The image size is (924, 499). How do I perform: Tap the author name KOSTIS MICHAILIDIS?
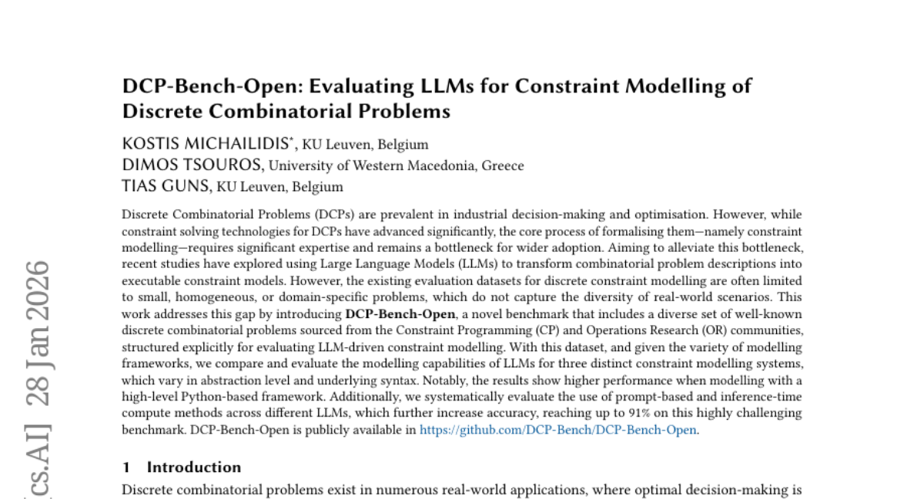[208, 144]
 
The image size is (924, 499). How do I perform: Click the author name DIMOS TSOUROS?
[192, 165]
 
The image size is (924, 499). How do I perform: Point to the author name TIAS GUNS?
[166, 186]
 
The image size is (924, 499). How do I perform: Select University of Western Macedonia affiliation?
[373, 166]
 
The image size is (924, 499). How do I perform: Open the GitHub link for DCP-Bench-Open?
[558, 430]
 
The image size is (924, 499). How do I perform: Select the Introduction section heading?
[193, 467]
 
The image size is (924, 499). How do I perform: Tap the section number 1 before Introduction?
[126, 467]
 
